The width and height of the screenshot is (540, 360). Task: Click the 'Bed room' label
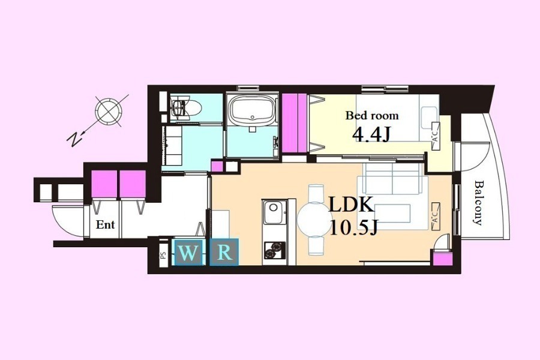[372, 115]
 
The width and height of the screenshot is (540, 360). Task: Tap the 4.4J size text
[371, 134]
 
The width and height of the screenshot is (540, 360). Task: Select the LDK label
[352, 205]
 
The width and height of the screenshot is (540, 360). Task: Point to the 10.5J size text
[353, 227]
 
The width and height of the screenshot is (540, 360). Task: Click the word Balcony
[478, 203]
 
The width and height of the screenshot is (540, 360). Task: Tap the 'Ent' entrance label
[106, 225]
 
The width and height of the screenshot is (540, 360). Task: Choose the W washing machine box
[187, 253]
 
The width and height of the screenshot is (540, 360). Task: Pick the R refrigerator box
[224, 253]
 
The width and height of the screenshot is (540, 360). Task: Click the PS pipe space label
[163, 255]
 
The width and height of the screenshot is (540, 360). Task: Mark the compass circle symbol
[108, 111]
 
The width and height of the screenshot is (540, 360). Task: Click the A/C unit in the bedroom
[436, 136]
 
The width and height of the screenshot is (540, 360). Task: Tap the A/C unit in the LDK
[435, 217]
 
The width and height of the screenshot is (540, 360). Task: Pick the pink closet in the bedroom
[295, 123]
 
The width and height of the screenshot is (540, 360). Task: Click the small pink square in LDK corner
[442, 259]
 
